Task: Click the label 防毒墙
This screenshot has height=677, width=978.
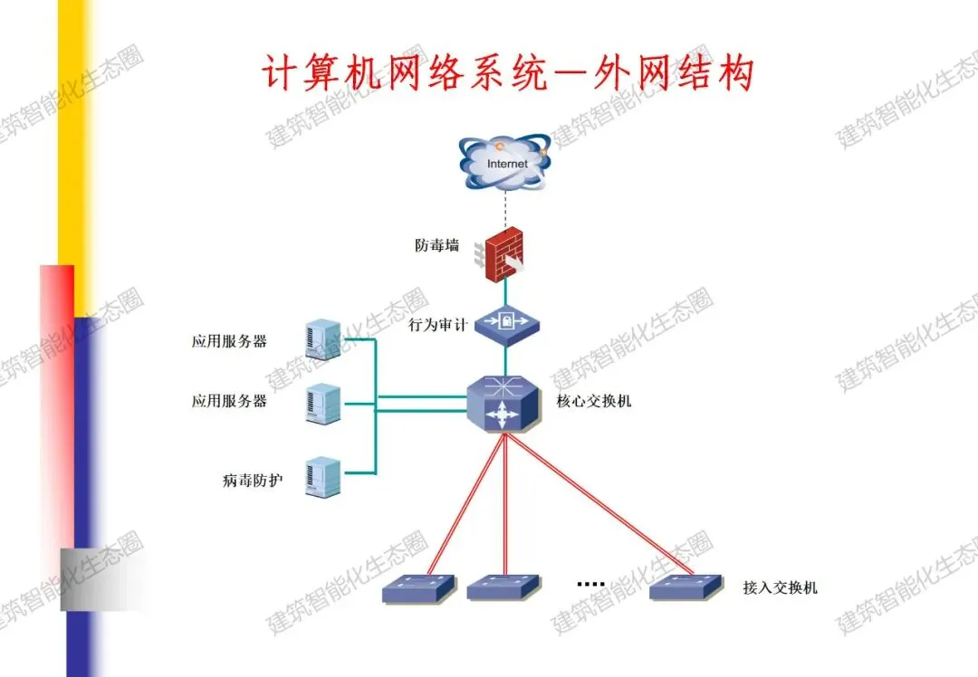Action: click(x=437, y=245)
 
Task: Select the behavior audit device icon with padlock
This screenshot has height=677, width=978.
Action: click(x=506, y=322)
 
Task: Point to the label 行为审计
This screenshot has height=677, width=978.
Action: click(x=437, y=324)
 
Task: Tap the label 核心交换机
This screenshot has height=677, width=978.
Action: click(x=594, y=400)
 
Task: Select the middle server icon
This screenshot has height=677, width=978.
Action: click(x=323, y=404)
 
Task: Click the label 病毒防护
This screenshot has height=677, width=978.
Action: click(x=252, y=480)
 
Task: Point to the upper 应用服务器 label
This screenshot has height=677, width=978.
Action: click(x=229, y=341)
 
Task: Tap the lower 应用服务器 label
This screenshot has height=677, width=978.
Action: click(x=229, y=401)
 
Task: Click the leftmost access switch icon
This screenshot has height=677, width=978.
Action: click(x=418, y=588)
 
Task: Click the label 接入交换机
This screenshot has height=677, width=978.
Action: click(x=780, y=587)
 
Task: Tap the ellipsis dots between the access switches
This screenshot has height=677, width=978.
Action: click(x=590, y=585)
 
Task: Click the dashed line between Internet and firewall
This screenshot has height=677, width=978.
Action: click(x=504, y=208)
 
